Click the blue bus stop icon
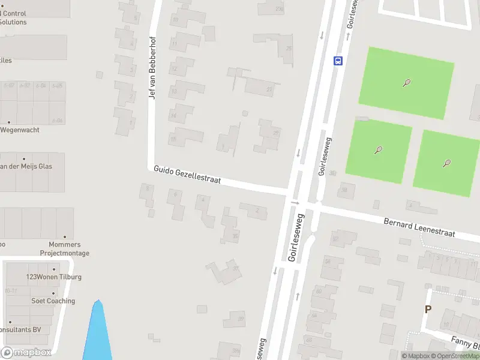[x=338, y=60]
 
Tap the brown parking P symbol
[x=428, y=310]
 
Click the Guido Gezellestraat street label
[x=187, y=175]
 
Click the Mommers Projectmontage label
[x=65, y=249]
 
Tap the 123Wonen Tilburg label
[x=54, y=277]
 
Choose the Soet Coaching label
[x=53, y=301]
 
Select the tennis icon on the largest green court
[x=407, y=83]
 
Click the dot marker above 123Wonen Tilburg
[x=54, y=269]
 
